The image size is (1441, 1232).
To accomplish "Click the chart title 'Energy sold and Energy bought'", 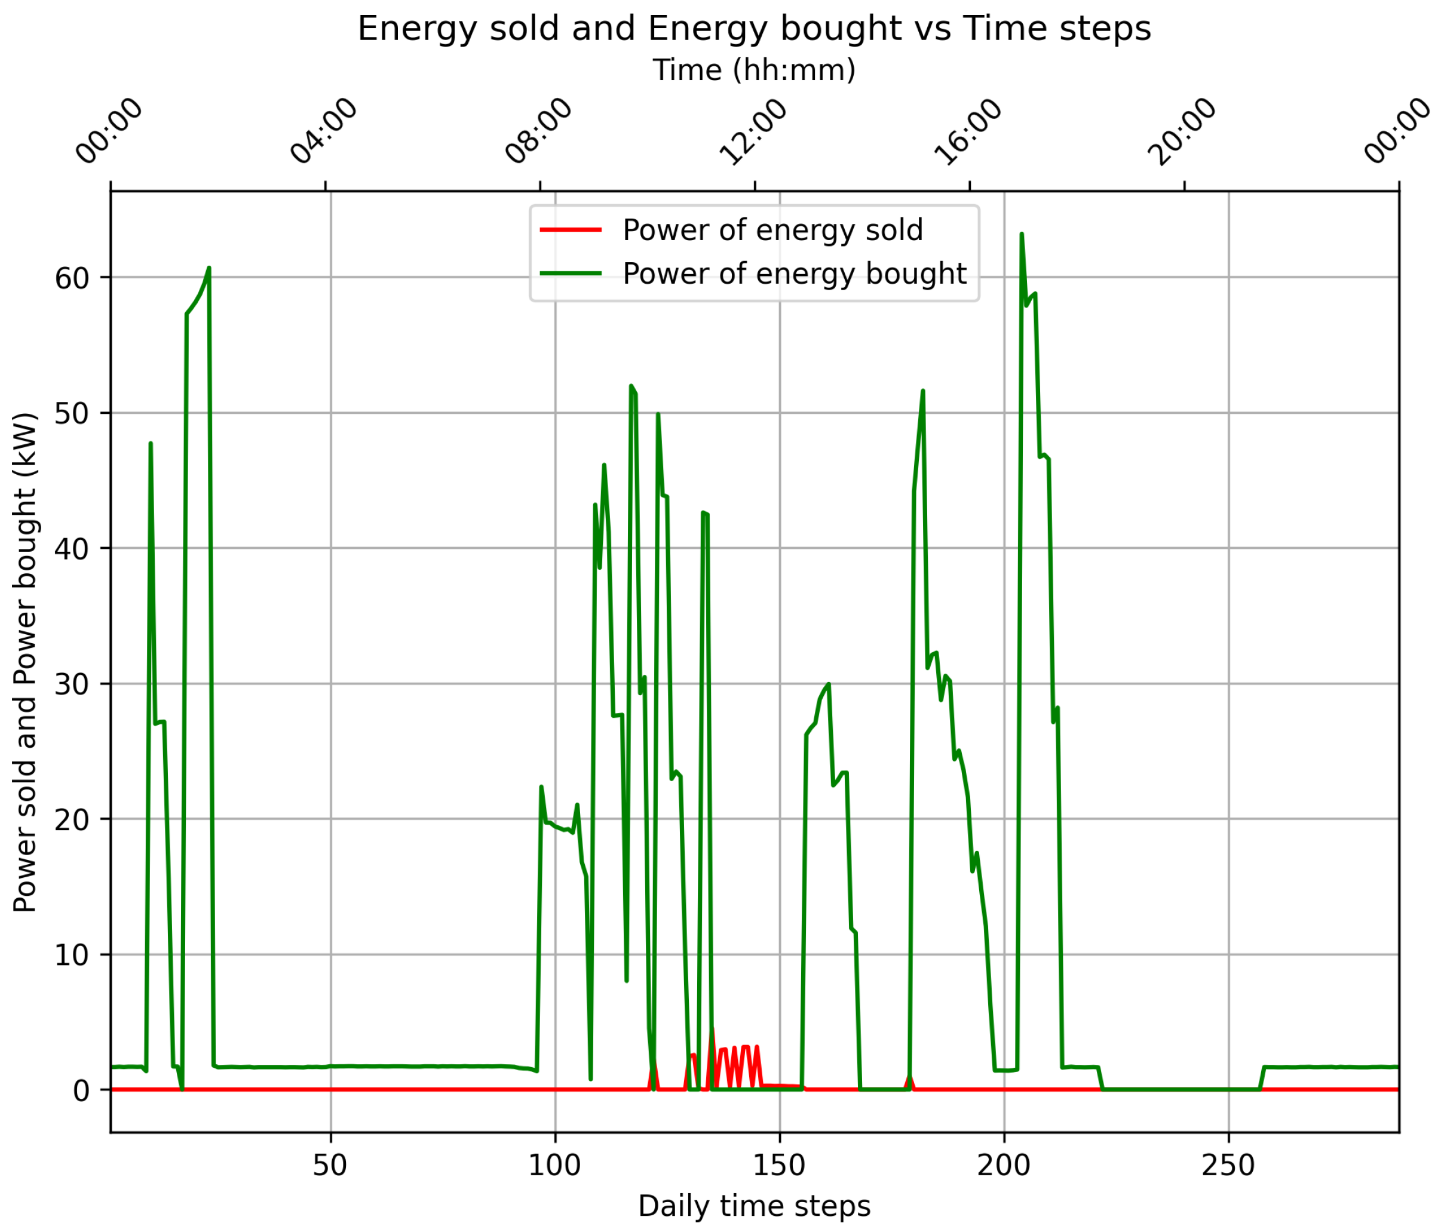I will (x=754, y=29).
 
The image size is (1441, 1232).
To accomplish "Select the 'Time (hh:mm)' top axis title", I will (x=754, y=70).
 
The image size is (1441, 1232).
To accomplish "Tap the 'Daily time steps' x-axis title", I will (x=754, y=1206).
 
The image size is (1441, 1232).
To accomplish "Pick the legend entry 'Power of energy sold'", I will (x=772, y=230).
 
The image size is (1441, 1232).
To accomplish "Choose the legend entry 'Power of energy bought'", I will (x=794, y=274).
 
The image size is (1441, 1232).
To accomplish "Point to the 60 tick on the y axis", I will (x=72, y=278).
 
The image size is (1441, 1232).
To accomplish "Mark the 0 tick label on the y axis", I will (x=81, y=1090).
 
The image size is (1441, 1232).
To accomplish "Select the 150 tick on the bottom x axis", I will (x=780, y=1165).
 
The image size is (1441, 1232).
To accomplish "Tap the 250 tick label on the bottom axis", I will (x=1228, y=1165).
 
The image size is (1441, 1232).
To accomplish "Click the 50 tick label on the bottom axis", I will (x=330, y=1165).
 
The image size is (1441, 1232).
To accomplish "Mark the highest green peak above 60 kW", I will (x=1021, y=235).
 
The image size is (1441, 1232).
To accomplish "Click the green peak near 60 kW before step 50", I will (x=209, y=268).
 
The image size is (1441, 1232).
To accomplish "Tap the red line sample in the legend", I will (x=571, y=230).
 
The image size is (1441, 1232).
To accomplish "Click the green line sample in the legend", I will (x=571, y=274).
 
